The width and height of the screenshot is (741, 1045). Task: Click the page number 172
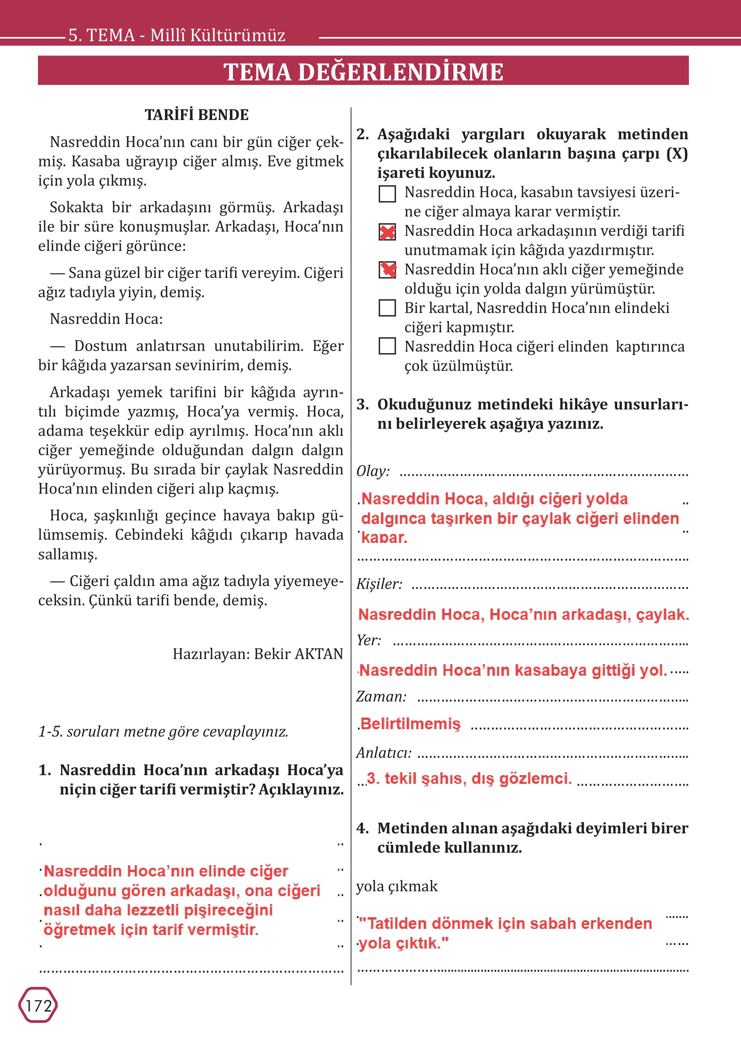38,1006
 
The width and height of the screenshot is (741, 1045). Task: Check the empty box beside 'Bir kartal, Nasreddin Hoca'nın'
387,308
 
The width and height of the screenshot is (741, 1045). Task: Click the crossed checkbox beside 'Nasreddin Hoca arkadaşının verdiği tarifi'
387,232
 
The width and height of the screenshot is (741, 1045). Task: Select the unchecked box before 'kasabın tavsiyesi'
387,194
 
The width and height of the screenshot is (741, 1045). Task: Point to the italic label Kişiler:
379,584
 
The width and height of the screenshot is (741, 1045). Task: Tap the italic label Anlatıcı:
384,753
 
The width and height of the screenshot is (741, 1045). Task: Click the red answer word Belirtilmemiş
410,724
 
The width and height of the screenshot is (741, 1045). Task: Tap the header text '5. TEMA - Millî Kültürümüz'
177,35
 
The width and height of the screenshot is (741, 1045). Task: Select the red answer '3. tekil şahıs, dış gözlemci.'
469,778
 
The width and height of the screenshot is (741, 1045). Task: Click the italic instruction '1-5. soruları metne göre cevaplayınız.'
163,732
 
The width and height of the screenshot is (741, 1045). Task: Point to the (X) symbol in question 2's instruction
677,154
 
